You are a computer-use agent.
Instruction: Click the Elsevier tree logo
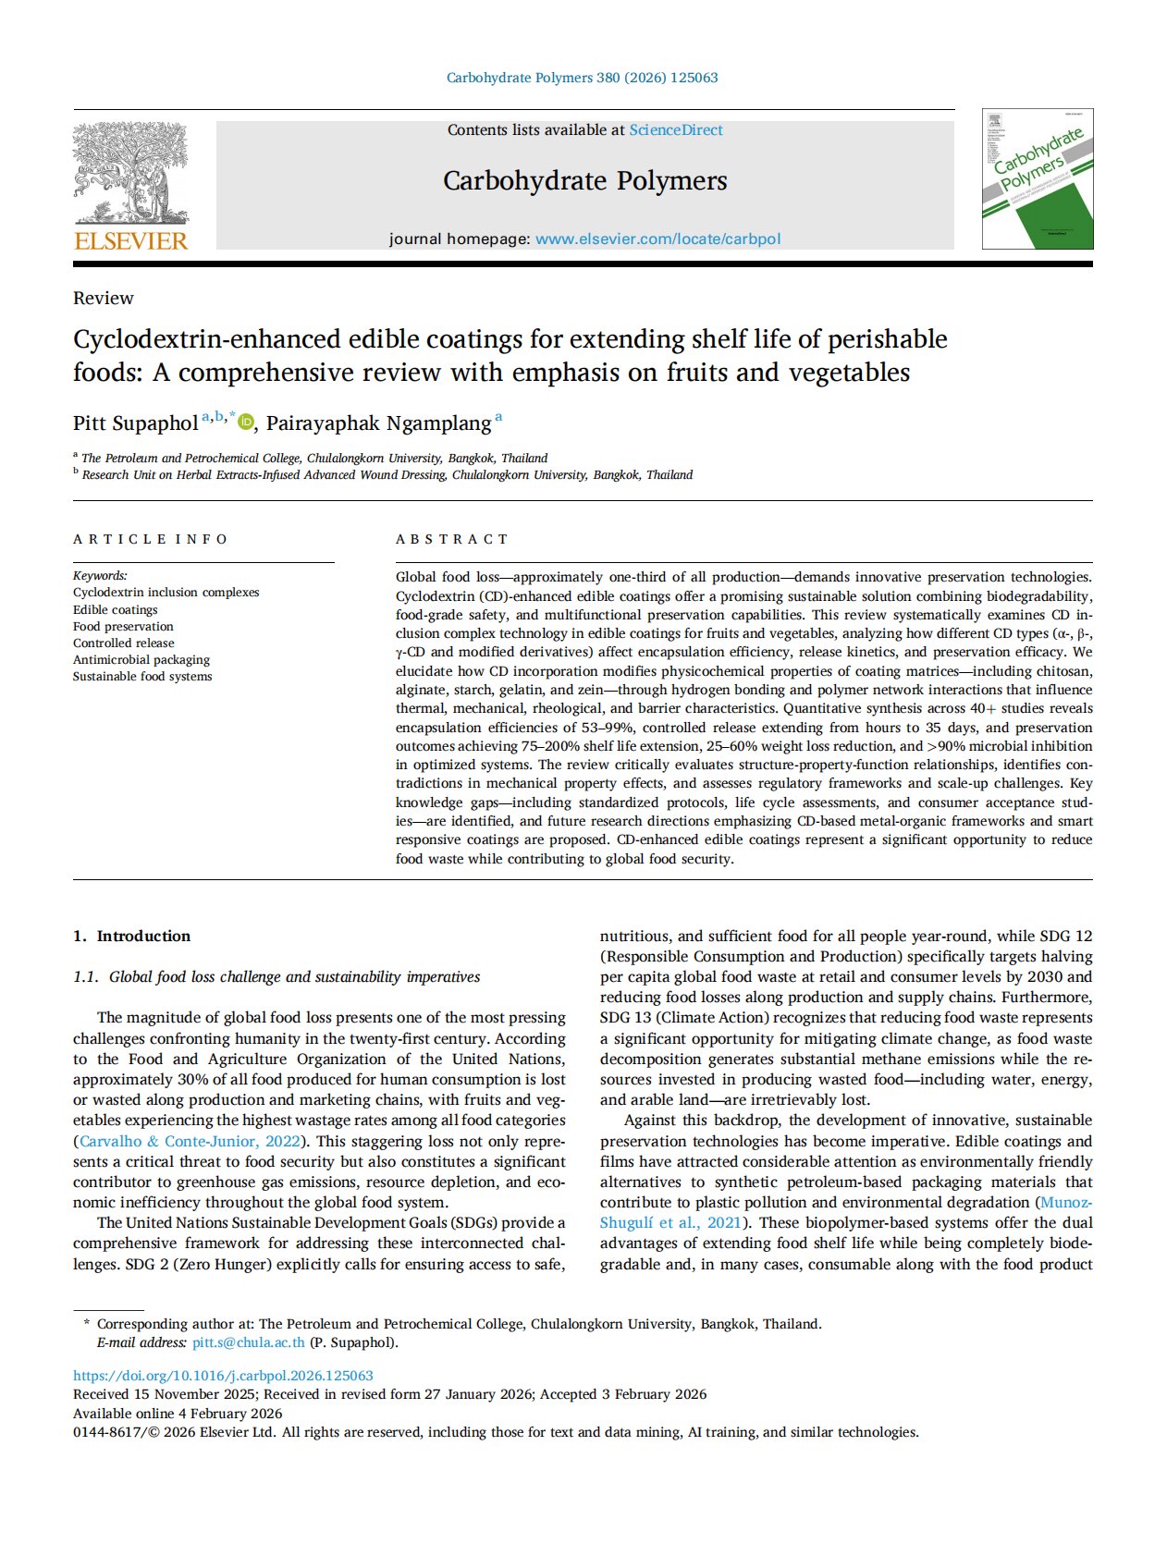click(x=130, y=173)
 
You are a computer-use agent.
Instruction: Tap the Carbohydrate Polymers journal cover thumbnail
click(x=1037, y=178)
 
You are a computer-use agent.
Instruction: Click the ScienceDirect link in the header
click(x=676, y=130)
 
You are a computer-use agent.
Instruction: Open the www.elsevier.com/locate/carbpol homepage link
click(x=657, y=239)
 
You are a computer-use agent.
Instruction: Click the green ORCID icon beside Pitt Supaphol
click(x=245, y=423)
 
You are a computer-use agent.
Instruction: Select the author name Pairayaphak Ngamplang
click(x=378, y=423)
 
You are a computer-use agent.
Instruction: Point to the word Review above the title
click(x=103, y=298)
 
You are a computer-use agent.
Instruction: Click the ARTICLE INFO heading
click(x=150, y=539)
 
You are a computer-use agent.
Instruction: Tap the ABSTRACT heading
click(x=451, y=539)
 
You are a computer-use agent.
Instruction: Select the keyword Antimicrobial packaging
click(x=141, y=659)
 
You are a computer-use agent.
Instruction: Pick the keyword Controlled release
click(x=124, y=643)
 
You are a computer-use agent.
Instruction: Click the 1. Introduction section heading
click(x=131, y=936)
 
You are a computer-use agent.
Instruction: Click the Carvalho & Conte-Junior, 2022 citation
click(x=190, y=1141)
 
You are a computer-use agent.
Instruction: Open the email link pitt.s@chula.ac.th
click(x=248, y=1342)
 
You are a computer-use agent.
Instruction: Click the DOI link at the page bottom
click(x=223, y=1376)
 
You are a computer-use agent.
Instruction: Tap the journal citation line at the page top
click(x=582, y=78)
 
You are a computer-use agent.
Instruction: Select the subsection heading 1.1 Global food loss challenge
click(x=276, y=976)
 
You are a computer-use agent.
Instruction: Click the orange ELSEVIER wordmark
click(x=130, y=241)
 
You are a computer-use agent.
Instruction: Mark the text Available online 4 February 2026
click(x=178, y=1413)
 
